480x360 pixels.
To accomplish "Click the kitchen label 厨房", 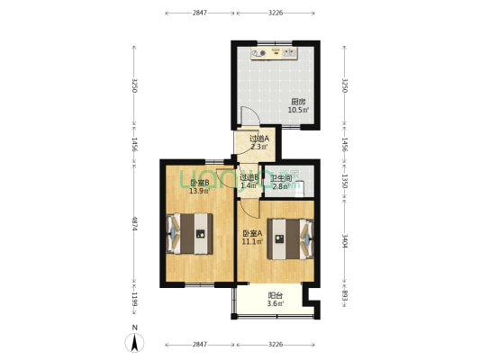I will tap(297, 102).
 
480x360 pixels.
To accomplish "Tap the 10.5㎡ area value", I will tap(297, 110).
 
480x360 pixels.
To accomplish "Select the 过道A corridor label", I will tap(258, 139).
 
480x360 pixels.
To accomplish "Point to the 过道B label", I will tap(249, 177).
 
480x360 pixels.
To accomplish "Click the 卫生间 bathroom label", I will tap(279, 177).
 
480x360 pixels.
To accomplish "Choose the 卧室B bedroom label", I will tap(199, 183).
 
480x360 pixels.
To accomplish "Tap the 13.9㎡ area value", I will tap(199, 191).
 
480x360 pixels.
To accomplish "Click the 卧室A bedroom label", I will tap(252, 234).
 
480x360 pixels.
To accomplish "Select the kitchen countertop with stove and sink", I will tap(276, 53).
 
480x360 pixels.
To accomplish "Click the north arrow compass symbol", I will tap(135, 340).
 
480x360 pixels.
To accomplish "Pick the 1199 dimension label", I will tap(134, 298).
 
